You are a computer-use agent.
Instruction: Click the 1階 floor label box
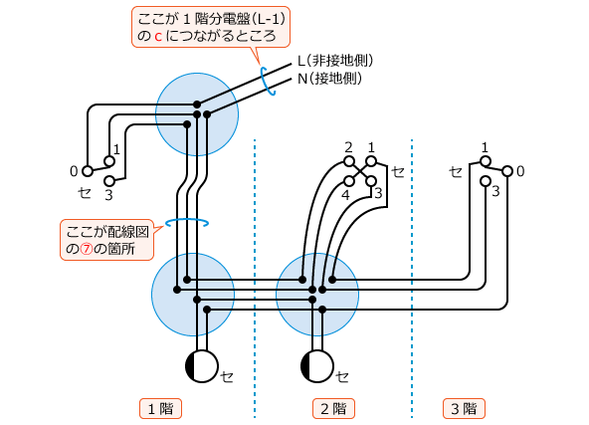click(x=160, y=408)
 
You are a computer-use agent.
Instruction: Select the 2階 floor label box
click(x=333, y=408)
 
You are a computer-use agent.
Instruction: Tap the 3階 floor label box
click(x=464, y=408)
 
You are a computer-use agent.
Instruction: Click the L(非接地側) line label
click(x=335, y=61)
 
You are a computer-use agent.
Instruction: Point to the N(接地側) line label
click(x=329, y=79)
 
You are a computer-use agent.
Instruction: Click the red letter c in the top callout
click(x=158, y=37)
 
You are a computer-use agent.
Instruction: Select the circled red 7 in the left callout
click(x=87, y=249)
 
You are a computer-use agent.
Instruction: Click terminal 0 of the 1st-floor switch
click(x=88, y=171)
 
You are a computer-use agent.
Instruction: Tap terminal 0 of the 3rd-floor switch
click(x=507, y=171)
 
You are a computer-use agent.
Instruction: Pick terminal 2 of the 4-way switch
click(x=349, y=161)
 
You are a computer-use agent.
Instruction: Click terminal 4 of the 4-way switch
click(x=349, y=181)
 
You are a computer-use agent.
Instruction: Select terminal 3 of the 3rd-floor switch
click(x=486, y=181)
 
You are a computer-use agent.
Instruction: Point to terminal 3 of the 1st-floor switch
click(x=109, y=181)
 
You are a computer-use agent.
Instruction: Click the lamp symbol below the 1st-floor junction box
click(x=202, y=366)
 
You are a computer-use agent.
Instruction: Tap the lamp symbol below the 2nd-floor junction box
click(x=317, y=366)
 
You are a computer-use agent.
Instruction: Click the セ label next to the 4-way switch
click(x=398, y=172)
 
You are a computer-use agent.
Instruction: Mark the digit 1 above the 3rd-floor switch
click(x=485, y=147)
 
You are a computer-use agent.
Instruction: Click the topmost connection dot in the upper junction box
click(x=197, y=105)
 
